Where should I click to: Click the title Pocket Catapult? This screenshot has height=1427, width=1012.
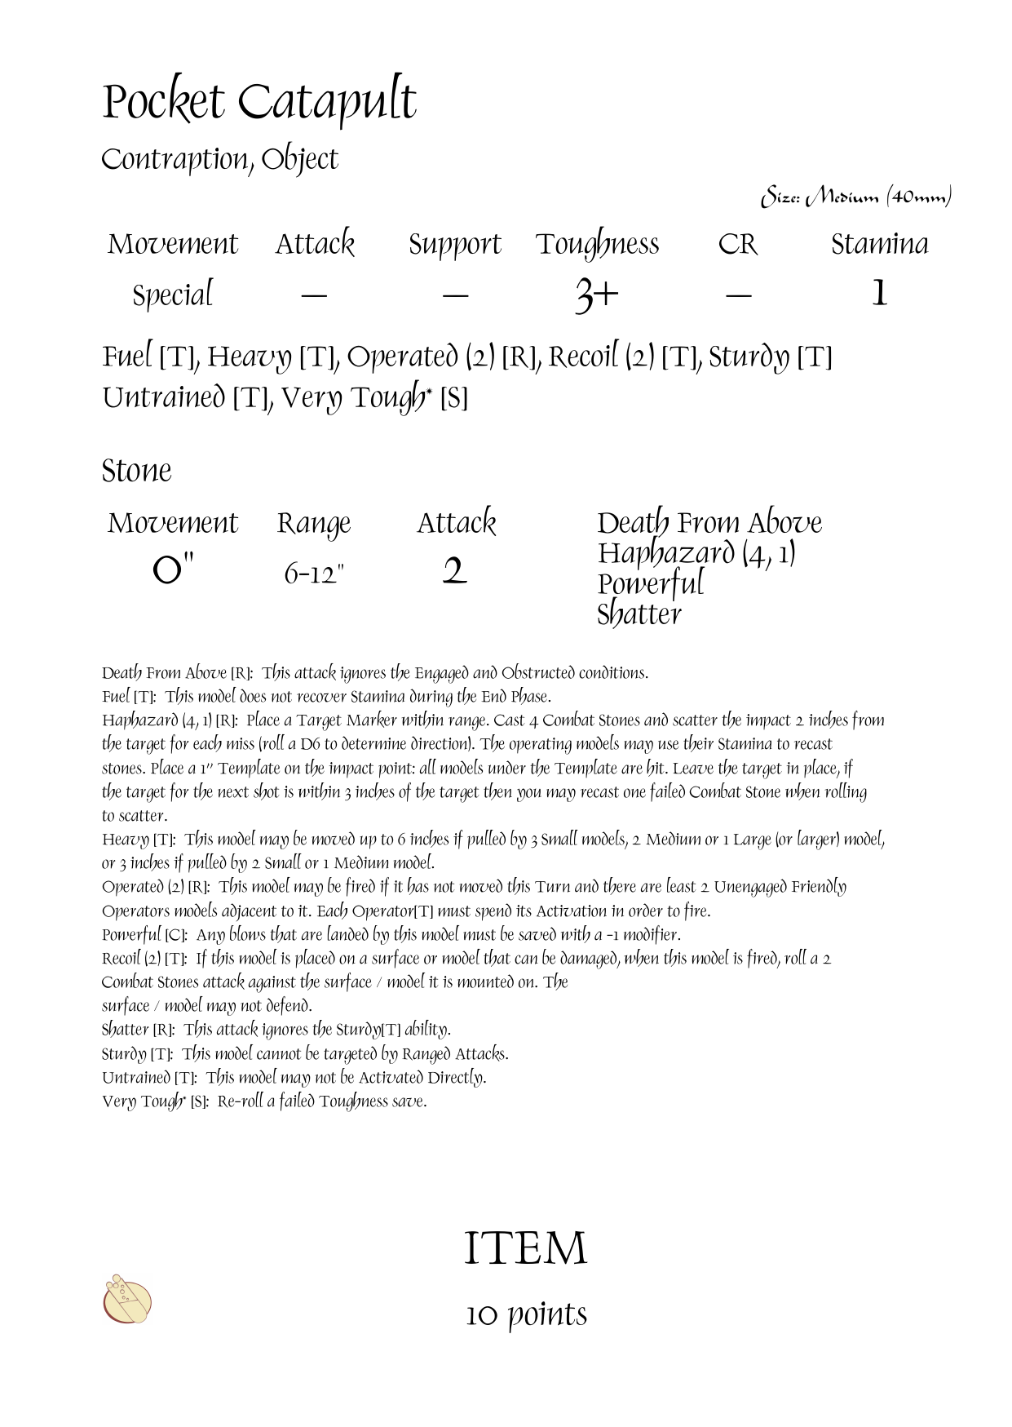pos(259,104)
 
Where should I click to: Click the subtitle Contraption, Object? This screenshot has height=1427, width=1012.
pos(219,160)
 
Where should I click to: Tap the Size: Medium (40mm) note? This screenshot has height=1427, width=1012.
pos(855,197)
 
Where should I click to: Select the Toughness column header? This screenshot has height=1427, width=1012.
pos(597,245)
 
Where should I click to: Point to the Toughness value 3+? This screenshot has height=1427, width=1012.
pos(597,295)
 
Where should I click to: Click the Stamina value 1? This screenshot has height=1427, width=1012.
pos(879,293)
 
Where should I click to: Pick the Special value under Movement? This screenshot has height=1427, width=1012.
pos(172,295)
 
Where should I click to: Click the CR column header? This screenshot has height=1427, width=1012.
pos(737,244)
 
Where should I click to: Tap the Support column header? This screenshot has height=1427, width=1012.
pos(454,245)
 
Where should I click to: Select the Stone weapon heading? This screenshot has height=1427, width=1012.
pos(137,471)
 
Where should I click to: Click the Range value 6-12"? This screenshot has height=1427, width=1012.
pos(314,574)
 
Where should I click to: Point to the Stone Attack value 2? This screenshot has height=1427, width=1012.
pos(455,571)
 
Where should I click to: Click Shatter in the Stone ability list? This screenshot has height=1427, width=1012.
pos(639,614)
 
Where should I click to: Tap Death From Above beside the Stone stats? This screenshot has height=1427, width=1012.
pos(709,523)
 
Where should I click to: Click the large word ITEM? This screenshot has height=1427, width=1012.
pos(525,1249)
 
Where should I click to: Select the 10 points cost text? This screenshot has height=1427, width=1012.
pos(526,1314)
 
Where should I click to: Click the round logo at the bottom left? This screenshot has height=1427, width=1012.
pos(128,1300)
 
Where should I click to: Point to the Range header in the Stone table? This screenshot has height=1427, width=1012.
pos(314,524)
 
